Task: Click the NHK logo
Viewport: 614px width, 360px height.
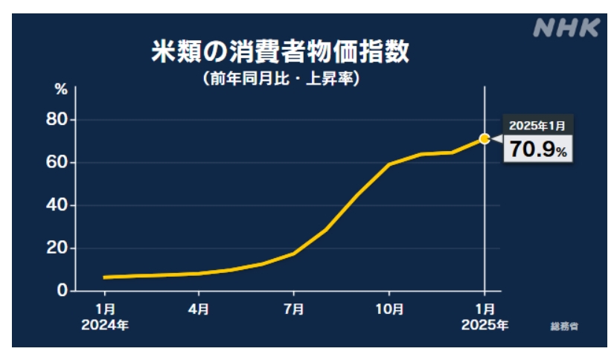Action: tap(566, 28)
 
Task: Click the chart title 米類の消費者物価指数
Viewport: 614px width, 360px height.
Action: tap(281, 51)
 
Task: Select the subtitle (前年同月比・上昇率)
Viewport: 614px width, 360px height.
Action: tap(281, 78)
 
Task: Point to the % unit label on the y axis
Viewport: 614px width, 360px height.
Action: tap(61, 89)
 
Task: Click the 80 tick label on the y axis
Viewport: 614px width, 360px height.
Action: tap(57, 119)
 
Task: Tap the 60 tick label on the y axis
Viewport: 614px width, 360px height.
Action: tap(57, 162)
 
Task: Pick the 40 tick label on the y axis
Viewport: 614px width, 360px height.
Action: tap(57, 205)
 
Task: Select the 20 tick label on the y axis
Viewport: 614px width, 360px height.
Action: tap(57, 248)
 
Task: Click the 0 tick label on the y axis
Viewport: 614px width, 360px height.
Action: tap(63, 290)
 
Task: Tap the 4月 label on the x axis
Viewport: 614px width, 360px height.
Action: tap(199, 309)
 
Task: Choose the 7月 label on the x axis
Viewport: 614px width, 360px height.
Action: tap(294, 309)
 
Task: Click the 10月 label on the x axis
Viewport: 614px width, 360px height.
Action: tap(389, 309)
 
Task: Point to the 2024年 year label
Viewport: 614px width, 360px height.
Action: tap(105, 325)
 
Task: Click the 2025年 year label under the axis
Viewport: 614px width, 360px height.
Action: tap(485, 325)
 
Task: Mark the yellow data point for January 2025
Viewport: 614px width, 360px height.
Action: tap(485, 139)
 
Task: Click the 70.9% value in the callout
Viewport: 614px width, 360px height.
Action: tap(538, 149)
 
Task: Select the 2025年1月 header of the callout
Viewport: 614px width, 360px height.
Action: tap(537, 126)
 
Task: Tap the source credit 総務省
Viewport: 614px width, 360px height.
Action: tap(564, 327)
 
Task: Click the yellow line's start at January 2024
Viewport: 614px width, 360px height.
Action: tap(104, 277)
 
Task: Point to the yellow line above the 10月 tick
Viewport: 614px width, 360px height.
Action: tap(389, 164)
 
